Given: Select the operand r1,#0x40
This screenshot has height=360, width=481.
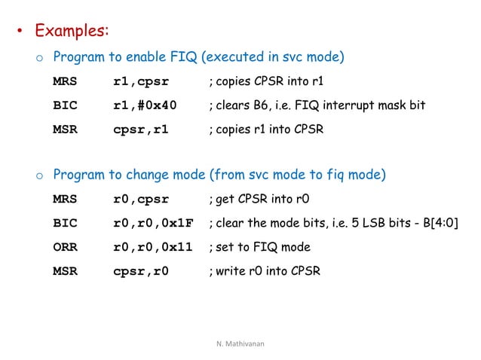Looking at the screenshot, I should click(x=145, y=105).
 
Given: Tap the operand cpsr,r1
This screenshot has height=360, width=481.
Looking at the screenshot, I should click(x=141, y=129).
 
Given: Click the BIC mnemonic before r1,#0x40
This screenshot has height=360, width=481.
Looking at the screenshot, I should click(x=65, y=105).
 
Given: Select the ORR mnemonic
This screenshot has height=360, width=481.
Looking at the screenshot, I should click(x=65, y=246).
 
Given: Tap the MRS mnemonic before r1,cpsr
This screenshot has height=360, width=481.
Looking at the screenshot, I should click(x=65, y=81).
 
